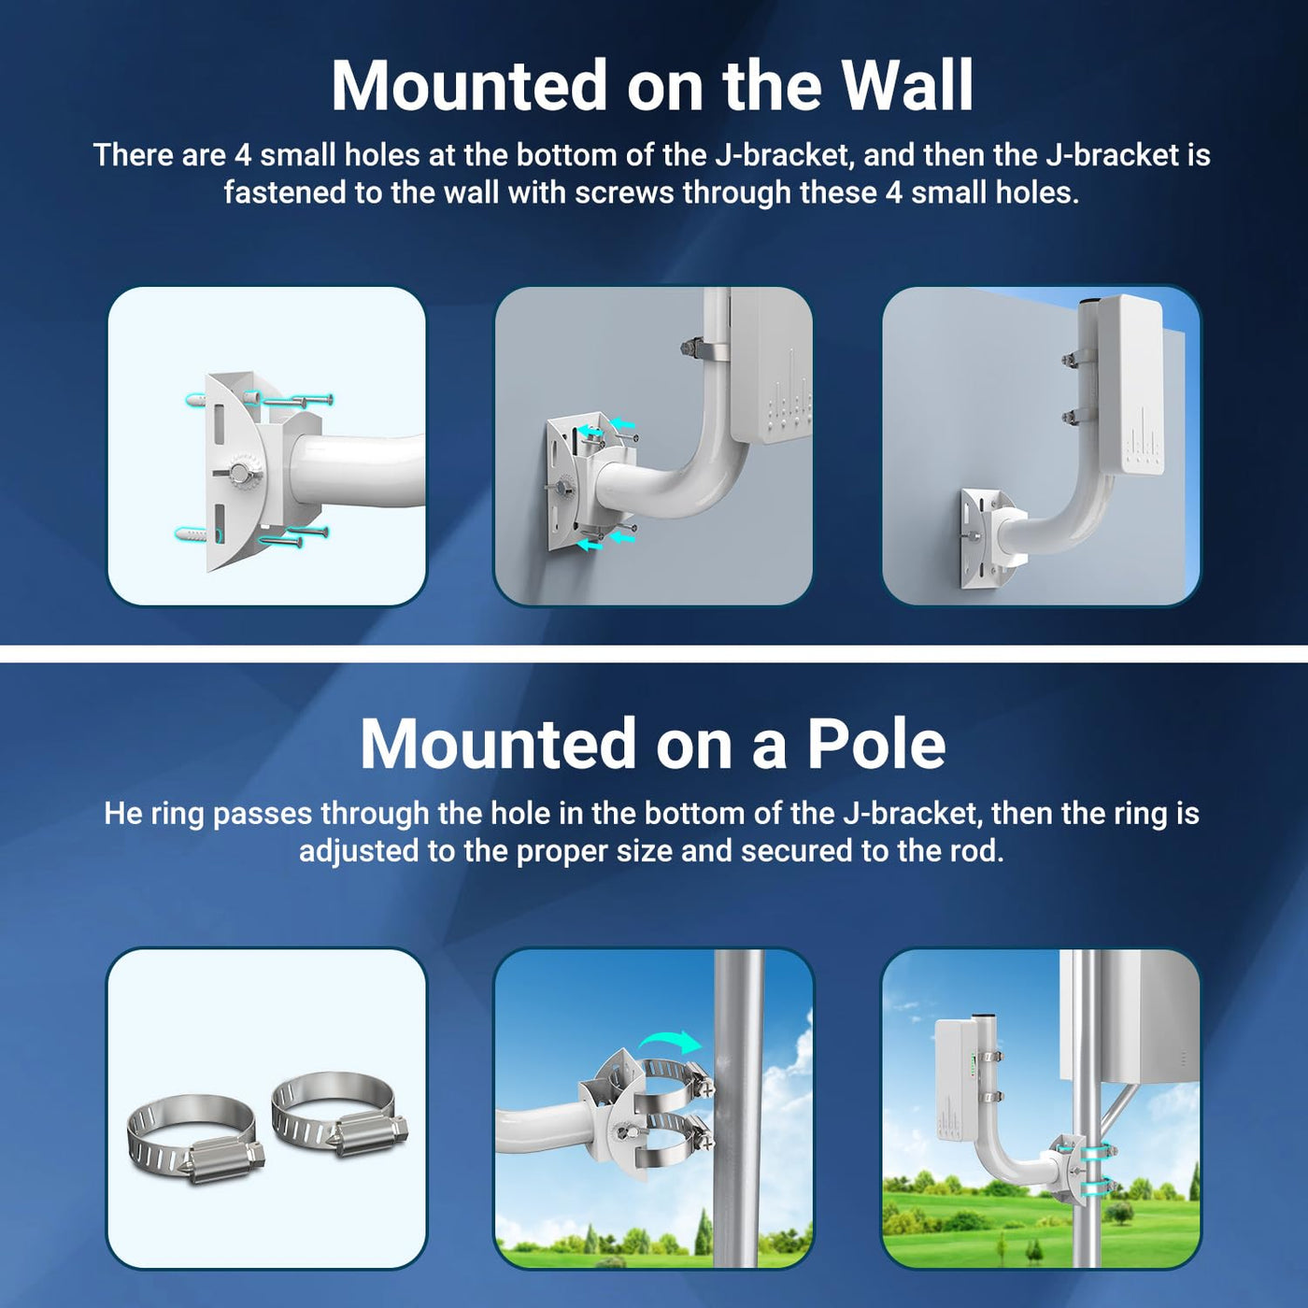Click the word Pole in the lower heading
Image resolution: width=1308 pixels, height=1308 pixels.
[x=875, y=744]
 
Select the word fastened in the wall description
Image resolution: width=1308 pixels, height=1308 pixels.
[x=284, y=192]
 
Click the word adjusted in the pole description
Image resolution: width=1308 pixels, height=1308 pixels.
[x=359, y=850]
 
